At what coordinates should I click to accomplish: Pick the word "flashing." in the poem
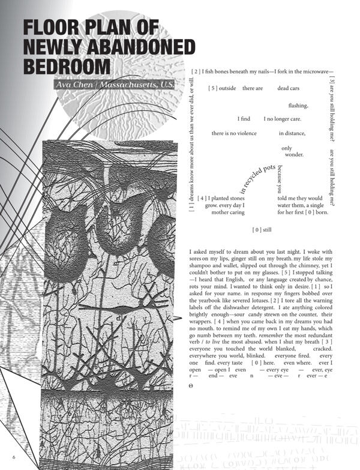coord(298,106)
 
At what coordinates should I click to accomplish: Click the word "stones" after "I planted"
coord(235,198)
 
